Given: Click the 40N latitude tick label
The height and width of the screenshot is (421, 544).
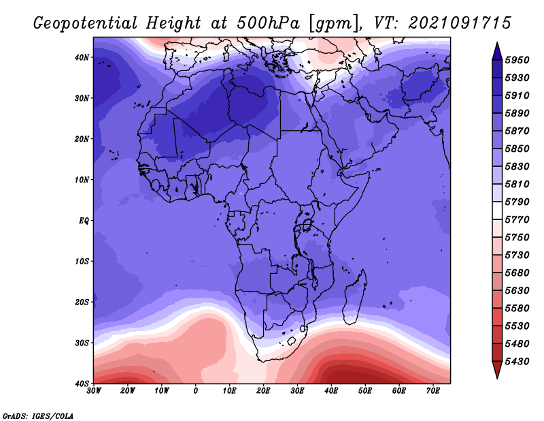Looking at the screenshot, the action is (x=82, y=57).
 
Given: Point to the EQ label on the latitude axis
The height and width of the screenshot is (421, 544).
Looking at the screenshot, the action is (x=84, y=221).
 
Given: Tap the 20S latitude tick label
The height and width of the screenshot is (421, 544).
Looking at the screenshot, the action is (x=82, y=302).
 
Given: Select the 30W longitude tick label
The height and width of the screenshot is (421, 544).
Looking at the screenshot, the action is (x=94, y=391).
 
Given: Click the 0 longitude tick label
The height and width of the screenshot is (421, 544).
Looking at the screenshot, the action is (x=196, y=391).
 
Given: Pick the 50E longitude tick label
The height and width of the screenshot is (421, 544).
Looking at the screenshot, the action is (x=365, y=391).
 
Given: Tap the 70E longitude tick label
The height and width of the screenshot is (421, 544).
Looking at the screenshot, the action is (x=433, y=391).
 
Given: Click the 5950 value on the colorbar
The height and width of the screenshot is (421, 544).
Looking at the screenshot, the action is (x=517, y=60).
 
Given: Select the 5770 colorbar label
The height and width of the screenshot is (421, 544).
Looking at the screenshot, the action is (x=517, y=220).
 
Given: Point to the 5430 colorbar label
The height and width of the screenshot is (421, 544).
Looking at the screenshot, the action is (x=517, y=362).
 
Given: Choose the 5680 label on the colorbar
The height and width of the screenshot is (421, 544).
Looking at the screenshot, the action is (x=517, y=273).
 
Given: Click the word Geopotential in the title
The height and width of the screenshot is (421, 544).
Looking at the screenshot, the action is (x=86, y=24).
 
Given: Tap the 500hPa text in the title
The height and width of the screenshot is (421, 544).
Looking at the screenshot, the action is (x=269, y=23).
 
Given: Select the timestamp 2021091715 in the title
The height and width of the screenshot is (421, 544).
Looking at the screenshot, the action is (x=460, y=23).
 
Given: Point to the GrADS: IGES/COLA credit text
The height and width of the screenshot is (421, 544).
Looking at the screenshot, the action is (x=38, y=416).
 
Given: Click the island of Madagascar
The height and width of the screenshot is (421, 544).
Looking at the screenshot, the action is (x=355, y=298).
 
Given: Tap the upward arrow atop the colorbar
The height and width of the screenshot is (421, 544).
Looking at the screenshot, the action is (x=497, y=51).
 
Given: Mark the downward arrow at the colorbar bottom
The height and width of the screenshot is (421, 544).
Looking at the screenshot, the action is (x=497, y=370).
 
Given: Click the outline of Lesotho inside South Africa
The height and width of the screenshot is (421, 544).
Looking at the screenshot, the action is (x=292, y=341).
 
